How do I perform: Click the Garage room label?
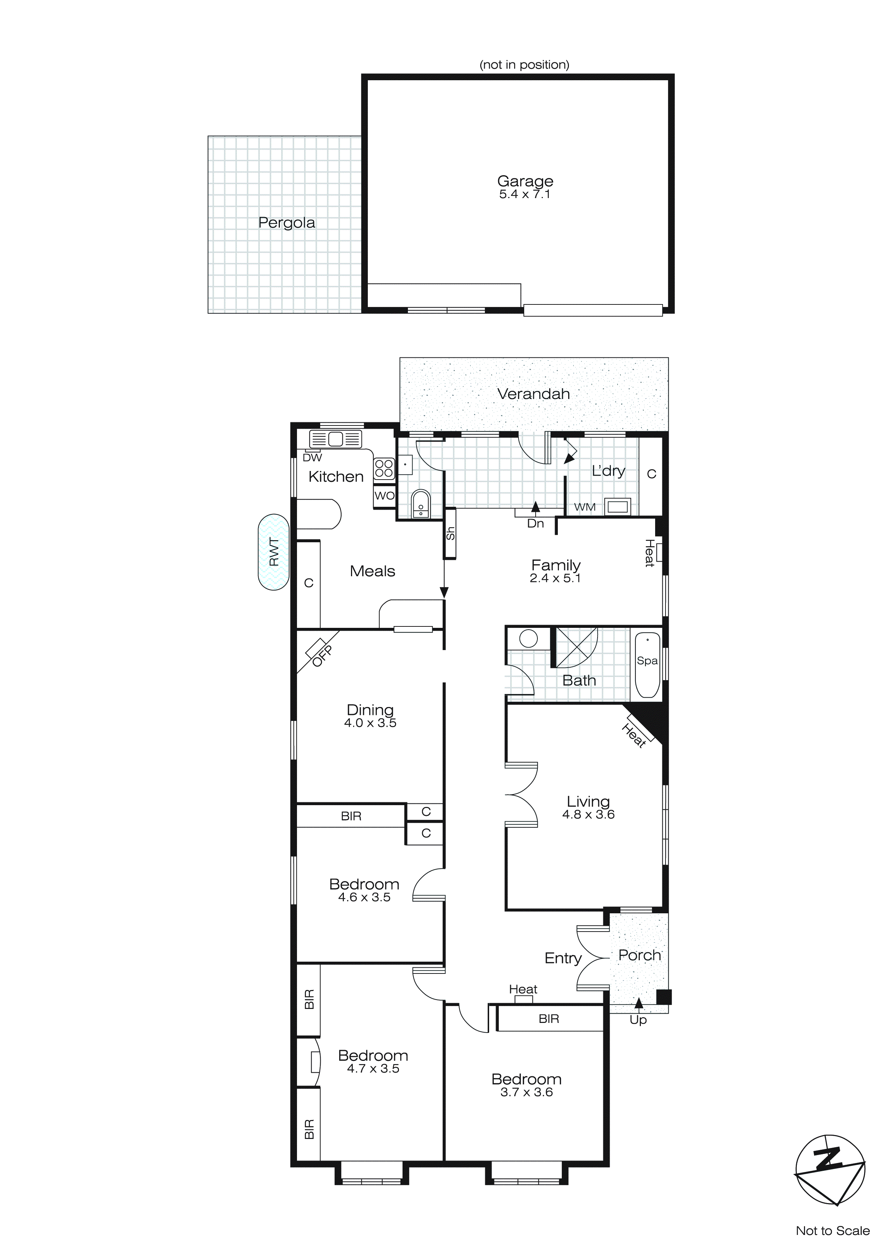click(525, 181)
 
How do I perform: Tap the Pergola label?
click(286, 223)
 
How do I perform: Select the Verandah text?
click(533, 394)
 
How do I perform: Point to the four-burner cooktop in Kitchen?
click(384, 469)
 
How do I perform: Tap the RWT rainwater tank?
click(274, 552)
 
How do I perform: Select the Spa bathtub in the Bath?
click(647, 665)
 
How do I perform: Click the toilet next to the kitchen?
click(420, 503)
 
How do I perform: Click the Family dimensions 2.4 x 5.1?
click(555, 578)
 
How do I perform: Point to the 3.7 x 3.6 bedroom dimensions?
click(527, 1092)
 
